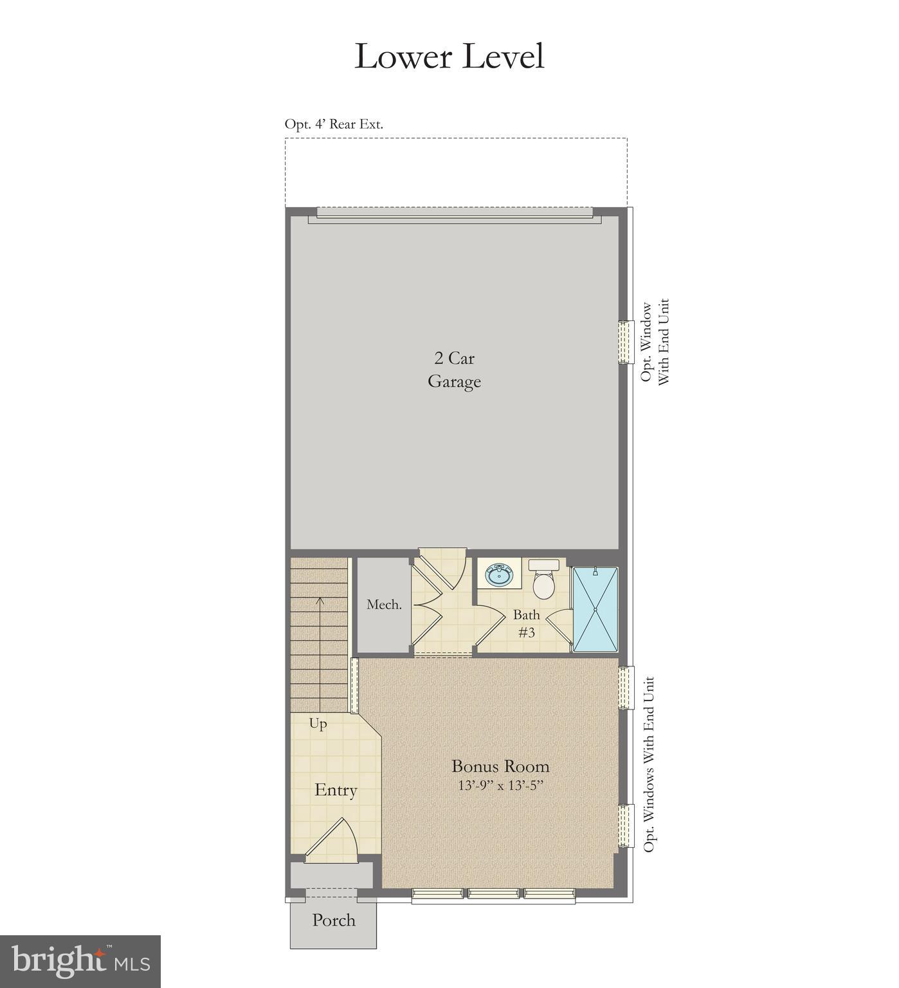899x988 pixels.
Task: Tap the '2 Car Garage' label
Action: point(454,370)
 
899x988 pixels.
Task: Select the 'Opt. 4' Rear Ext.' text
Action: point(334,124)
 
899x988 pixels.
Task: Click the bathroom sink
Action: point(498,574)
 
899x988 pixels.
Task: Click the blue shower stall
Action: point(595,608)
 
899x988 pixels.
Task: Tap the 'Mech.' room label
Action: point(384,605)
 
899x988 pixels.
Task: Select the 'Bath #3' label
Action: point(526,623)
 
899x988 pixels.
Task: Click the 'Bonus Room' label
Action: point(500,766)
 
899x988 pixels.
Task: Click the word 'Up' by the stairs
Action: point(318,724)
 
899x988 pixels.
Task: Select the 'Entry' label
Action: point(336,790)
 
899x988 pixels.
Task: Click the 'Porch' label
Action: point(333,920)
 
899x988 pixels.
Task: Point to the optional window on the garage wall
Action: point(625,342)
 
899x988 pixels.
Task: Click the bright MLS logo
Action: point(80,962)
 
